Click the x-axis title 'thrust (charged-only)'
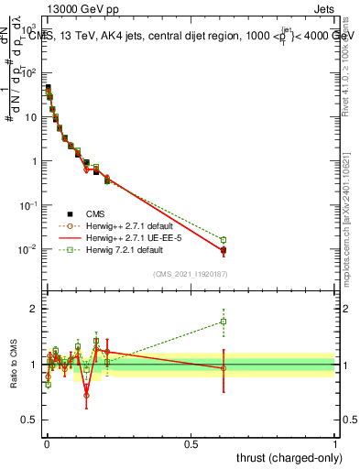pyautogui.click(x=289, y=456)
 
